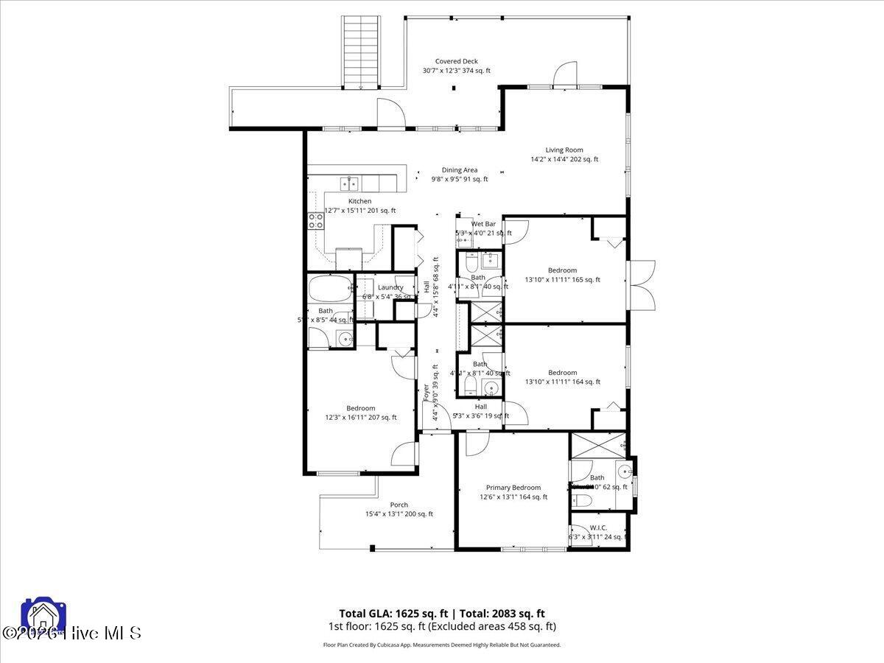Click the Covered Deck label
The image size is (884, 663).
[x=456, y=62]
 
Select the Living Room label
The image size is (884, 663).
[x=564, y=150]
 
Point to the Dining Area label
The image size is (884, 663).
[x=459, y=170]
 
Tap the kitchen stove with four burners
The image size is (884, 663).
[x=316, y=222]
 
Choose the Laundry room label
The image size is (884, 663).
[x=390, y=288]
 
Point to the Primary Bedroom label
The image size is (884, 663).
[x=513, y=488]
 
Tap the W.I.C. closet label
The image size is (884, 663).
[x=598, y=527]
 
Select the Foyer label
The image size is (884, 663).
[x=426, y=393]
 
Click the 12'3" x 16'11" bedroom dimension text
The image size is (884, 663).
[x=361, y=418]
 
